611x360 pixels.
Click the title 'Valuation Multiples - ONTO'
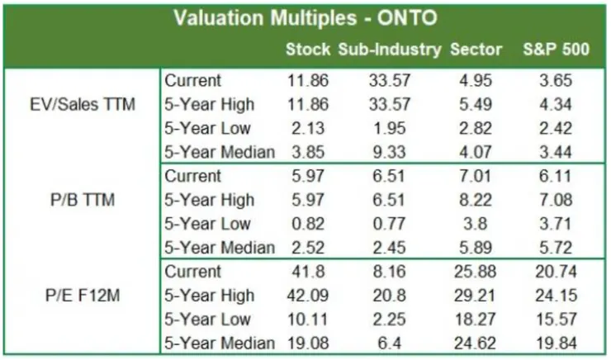[305, 18]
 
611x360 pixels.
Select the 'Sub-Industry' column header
[389, 50]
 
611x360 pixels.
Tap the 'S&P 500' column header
[556, 50]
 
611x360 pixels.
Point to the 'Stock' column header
[308, 50]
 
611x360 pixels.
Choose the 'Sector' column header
[476, 50]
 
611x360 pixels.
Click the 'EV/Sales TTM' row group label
[82, 105]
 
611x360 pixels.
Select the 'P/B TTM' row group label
[82, 200]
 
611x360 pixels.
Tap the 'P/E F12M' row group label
[82, 296]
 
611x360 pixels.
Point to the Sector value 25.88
[476, 272]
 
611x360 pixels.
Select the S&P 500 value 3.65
[556, 81]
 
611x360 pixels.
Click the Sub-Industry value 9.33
[389, 153]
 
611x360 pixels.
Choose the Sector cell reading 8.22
[476, 200]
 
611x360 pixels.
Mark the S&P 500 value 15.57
[556, 320]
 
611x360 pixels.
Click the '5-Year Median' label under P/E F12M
[219, 343]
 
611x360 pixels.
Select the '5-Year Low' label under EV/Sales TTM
[207, 129]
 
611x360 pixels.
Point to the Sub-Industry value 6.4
[389, 343]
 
